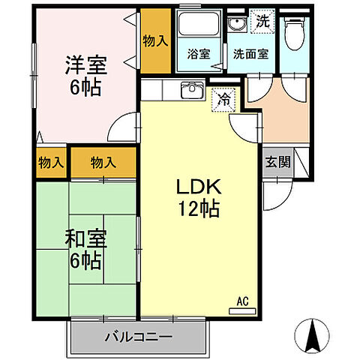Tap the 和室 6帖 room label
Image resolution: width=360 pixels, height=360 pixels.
tap(85, 251)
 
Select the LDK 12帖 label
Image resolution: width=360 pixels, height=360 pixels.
tap(197, 198)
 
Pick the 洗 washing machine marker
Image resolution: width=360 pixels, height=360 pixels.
tap(262, 21)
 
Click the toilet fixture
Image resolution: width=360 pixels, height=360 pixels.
tap(295, 31)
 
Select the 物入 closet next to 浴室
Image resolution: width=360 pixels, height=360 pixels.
tap(155, 40)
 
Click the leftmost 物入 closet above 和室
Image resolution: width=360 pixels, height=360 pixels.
tap(51, 162)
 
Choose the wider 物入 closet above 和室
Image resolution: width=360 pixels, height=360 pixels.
tap(103, 162)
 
